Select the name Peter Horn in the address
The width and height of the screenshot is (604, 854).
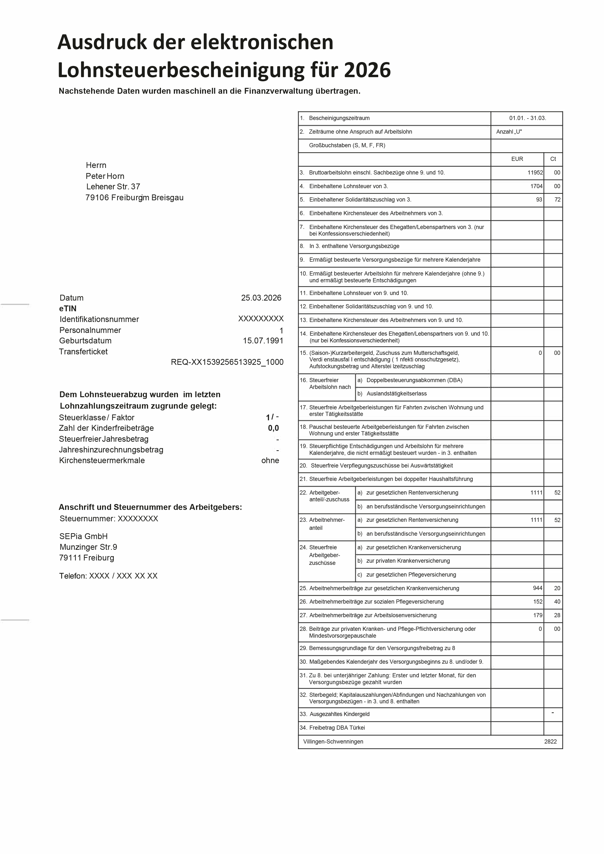coord(105,176)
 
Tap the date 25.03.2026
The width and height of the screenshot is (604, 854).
coord(261,298)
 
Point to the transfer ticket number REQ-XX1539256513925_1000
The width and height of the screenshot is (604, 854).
coord(227,362)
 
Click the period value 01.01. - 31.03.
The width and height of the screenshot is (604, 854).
coord(527,118)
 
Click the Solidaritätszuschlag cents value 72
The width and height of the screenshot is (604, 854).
coord(557,200)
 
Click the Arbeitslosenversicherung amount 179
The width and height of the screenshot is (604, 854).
coord(537,615)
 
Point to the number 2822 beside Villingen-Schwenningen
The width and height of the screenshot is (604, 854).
coord(550,742)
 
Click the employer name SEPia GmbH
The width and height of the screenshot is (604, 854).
coord(83,536)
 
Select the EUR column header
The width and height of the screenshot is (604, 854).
coord(517,159)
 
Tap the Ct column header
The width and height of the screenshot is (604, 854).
coord(553,159)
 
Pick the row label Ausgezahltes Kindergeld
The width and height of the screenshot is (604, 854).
coord(339,714)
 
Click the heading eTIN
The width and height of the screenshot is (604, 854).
coord(68,309)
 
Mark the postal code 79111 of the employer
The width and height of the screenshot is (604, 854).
coord(70,558)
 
